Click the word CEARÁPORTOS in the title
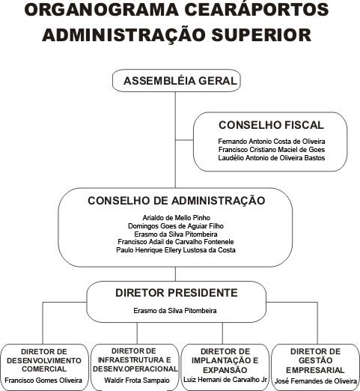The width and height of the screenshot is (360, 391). pyautogui.click(x=257, y=10)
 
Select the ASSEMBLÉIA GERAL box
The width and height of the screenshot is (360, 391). pyautogui.click(x=177, y=81)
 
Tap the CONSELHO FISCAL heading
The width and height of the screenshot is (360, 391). pyautogui.click(x=271, y=125)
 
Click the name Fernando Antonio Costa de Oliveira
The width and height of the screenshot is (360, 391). pyautogui.click(x=272, y=142)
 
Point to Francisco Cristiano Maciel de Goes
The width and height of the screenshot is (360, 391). pyautogui.click(x=272, y=150)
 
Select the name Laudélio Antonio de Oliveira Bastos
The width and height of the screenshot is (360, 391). pyautogui.click(x=272, y=158)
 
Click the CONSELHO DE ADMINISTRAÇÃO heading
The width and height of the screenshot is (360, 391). pyautogui.click(x=176, y=201)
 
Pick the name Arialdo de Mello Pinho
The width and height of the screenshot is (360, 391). pyautogui.click(x=176, y=218)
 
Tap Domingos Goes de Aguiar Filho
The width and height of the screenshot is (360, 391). pyautogui.click(x=176, y=226)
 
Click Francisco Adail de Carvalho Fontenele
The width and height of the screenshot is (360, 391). pyautogui.click(x=176, y=242)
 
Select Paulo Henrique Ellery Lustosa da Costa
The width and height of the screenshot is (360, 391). pyautogui.click(x=176, y=250)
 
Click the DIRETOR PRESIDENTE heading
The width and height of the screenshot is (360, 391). pyautogui.click(x=176, y=293)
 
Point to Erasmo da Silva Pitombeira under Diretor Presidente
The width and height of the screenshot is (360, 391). pyautogui.click(x=175, y=311)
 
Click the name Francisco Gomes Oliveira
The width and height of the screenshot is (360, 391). pyautogui.click(x=43, y=381)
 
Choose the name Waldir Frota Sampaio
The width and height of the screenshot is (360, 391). pyautogui.click(x=137, y=381)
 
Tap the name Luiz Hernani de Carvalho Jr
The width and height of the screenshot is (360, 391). pyautogui.click(x=225, y=380)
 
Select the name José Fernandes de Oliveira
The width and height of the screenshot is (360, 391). pyautogui.click(x=316, y=381)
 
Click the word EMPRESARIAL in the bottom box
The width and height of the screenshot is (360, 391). pyautogui.click(x=315, y=370)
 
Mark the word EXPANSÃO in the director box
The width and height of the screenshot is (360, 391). pyautogui.click(x=225, y=370)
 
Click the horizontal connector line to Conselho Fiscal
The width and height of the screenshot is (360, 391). pyautogui.click(x=184, y=140)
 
